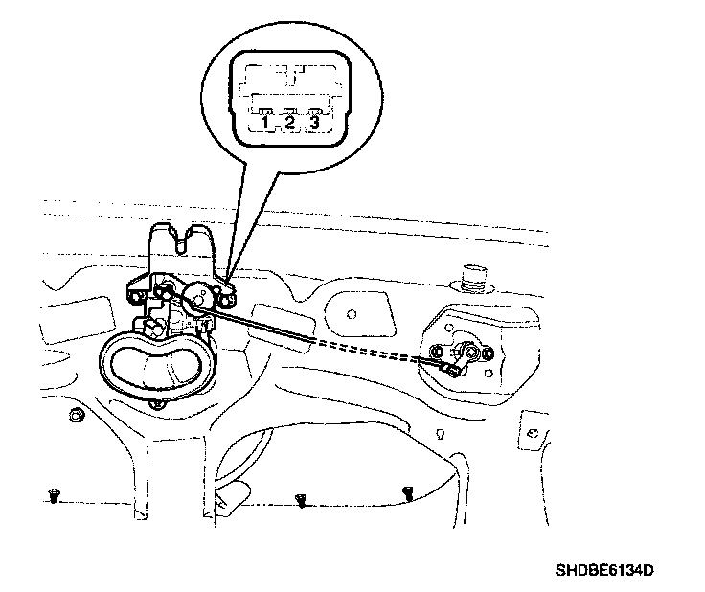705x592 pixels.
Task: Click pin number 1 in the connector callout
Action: tap(265, 122)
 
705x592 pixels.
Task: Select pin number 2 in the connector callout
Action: tap(288, 122)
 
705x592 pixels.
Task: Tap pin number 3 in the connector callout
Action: tap(312, 122)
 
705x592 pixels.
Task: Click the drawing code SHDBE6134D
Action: tap(603, 571)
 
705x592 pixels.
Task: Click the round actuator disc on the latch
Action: tap(200, 300)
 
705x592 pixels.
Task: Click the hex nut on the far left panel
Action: tap(75, 415)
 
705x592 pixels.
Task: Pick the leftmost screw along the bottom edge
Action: tap(52, 494)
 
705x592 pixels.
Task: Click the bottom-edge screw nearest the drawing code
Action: tap(407, 492)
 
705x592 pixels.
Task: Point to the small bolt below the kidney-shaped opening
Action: tap(156, 405)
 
